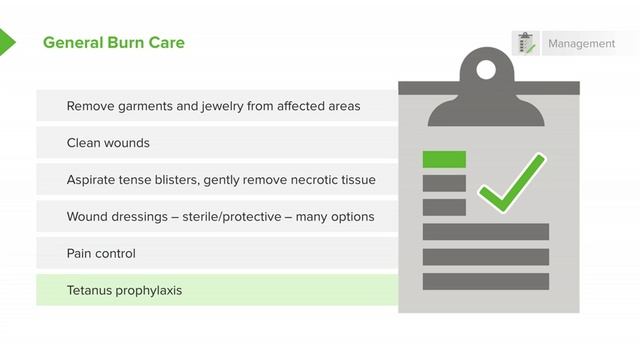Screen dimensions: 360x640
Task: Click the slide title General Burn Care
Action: pos(113,43)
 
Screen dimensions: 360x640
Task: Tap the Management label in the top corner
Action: pos(581,44)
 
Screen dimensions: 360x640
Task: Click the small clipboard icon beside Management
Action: pos(525,44)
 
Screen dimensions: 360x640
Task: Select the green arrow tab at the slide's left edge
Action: pos(6,42)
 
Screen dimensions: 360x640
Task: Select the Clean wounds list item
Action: pos(108,143)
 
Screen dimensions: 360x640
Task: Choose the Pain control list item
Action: pos(101,254)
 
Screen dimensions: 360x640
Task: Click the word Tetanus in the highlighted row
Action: pos(91,291)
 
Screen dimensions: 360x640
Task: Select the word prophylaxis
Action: pos(150,291)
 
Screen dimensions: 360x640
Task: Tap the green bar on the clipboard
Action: pos(444,159)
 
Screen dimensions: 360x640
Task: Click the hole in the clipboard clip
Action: pos(485,70)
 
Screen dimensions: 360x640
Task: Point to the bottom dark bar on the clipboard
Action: pos(485,281)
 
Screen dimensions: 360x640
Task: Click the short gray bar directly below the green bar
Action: pos(444,183)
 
